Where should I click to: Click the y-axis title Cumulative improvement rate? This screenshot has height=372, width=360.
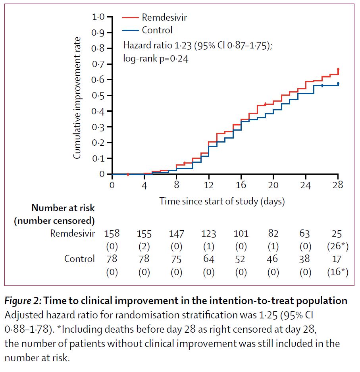[x=78, y=98]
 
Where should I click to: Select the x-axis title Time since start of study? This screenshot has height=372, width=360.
[x=222, y=201]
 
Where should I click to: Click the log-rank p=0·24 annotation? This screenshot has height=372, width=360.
[x=155, y=59]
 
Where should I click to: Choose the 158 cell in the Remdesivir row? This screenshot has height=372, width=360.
[x=112, y=233]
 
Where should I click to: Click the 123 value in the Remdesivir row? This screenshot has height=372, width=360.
[x=209, y=233]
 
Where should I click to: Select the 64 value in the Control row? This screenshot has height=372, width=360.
[x=209, y=259]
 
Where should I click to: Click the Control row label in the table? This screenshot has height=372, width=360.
[x=79, y=259]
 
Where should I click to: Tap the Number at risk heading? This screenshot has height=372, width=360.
[x=63, y=208]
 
